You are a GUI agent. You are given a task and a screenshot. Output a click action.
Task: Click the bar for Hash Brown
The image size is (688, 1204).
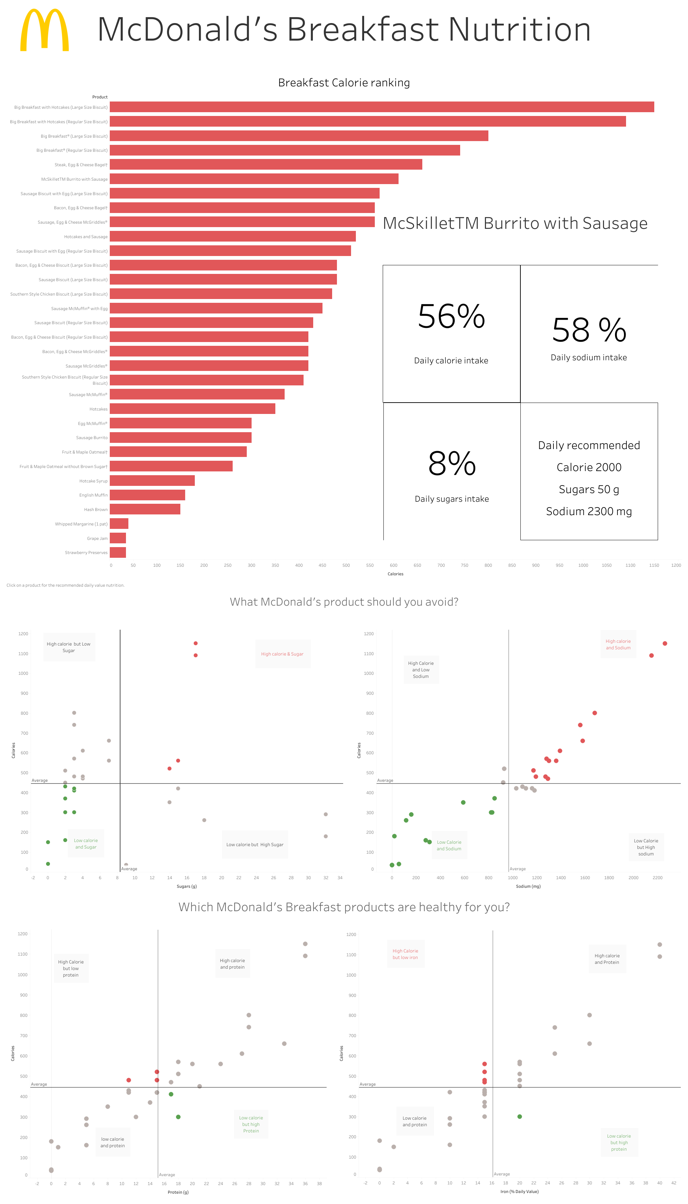(145, 509)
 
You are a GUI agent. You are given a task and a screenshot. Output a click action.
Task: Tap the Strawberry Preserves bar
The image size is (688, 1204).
(118, 552)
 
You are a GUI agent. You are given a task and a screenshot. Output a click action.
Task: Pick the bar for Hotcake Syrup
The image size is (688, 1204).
(152, 481)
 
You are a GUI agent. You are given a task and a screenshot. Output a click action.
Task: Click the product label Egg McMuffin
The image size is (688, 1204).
(93, 424)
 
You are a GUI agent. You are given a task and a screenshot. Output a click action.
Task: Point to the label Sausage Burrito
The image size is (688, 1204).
(92, 438)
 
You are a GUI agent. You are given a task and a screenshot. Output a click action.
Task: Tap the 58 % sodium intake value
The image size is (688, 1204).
(589, 330)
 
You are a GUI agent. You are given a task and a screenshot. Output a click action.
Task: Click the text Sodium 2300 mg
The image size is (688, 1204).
(589, 511)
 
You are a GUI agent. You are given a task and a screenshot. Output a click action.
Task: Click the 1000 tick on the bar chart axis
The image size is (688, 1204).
(583, 565)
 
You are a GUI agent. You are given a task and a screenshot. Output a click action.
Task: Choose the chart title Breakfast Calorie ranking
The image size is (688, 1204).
(344, 83)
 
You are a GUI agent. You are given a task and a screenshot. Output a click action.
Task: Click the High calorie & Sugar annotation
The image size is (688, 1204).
(282, 654)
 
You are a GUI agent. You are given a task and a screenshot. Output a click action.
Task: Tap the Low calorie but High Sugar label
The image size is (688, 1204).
(255, 844)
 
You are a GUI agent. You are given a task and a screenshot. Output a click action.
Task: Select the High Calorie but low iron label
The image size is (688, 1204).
(405, 954)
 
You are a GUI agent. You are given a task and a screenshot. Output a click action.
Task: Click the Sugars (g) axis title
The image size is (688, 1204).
(187, 886)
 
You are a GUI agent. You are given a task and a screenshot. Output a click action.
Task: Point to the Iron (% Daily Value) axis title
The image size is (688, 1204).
(519, 1191)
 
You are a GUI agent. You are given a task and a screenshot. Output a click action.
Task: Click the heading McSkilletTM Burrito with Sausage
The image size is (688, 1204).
(515, 223)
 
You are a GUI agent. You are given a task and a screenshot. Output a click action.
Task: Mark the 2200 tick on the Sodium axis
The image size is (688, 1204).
(657, 877)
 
